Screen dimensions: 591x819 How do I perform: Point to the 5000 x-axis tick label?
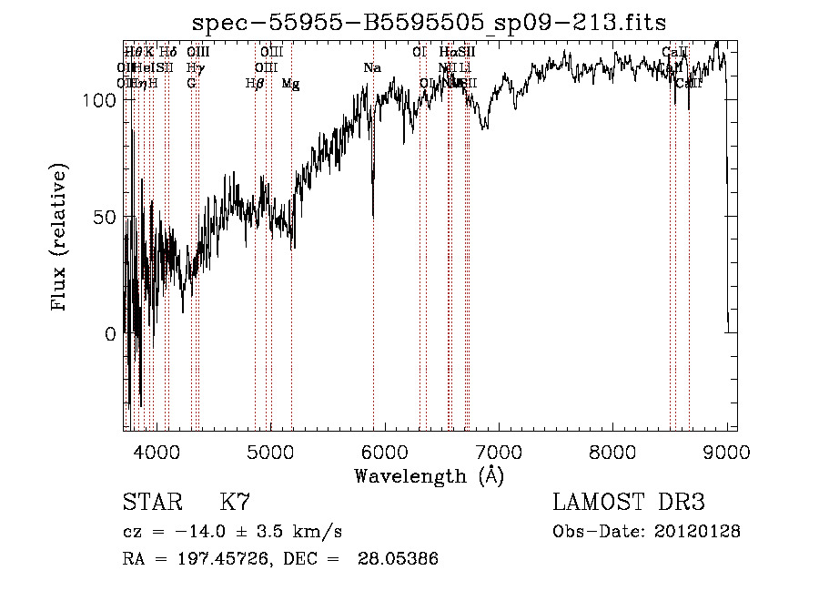[270, 453]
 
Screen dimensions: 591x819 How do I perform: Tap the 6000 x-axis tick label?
[384, 453]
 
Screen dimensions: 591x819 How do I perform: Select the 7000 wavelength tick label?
[498, 453]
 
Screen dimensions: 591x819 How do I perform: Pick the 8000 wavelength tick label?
[612, 453]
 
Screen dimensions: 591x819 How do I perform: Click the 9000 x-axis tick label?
[725, 453]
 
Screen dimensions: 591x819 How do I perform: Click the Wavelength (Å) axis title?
[429, 476]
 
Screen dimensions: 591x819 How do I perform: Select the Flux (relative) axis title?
[61, 239]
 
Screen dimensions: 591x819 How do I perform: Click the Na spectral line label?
[371, 68]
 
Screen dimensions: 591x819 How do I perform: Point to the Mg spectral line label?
[290, 84]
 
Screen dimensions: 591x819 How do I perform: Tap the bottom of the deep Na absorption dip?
[373, 215]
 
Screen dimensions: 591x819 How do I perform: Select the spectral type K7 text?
[235, 503]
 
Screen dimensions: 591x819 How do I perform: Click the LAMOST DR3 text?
[629, 503]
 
